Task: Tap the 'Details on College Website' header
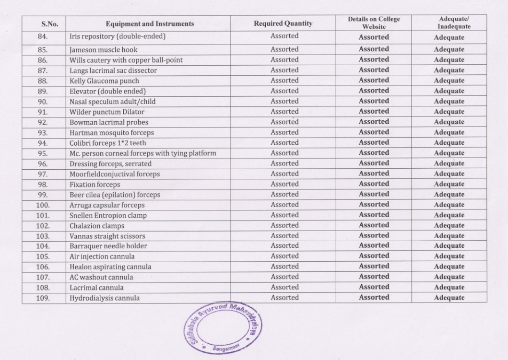(374, 23)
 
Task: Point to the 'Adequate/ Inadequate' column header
(449, 23)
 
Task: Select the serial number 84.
(44, 36)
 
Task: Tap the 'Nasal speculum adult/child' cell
(112, 101)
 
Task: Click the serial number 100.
(43, 205)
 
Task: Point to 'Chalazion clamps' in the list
(97, 226)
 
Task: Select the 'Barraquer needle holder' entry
(108, 246)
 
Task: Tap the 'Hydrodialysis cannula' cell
(105, 298)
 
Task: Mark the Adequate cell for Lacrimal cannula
(449, 288)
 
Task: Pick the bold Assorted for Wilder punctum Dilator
(374, 111)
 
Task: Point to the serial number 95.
(44, 153)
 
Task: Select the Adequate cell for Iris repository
(449, 37)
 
